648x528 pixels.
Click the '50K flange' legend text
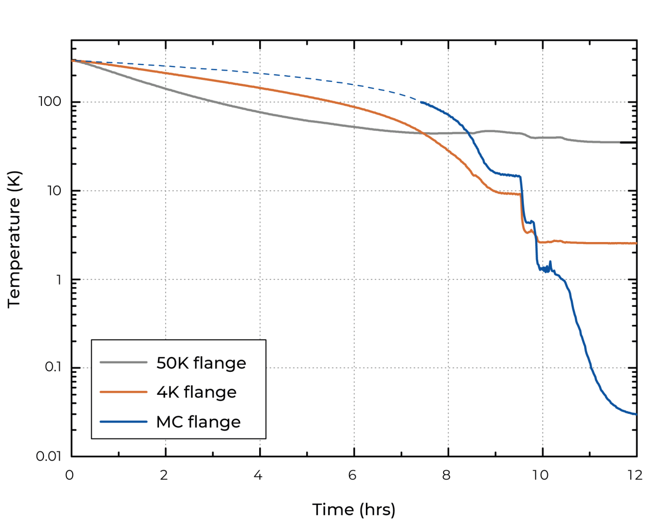click(x=201, y=363)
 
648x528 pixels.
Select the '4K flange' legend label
click(x=196, y=392)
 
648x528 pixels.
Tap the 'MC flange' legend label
click(x=198, y=422)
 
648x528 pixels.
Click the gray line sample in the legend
click(x=124, y=362)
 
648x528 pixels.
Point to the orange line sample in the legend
click(x=124, y=392)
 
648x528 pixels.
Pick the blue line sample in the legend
click(x=124, y=422)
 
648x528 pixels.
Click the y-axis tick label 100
click(x=50, y=101)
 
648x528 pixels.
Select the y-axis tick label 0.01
click(x=48, y=456)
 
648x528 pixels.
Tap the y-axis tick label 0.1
click(x=53, y=367)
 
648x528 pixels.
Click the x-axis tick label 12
click(x=635, y=475)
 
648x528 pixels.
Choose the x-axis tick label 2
click(x=164, y=475)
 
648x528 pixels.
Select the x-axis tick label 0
click(x=70, y=475)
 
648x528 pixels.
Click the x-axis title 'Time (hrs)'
click(x=353, y=510)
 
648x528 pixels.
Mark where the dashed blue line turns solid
click(x=422, y=102)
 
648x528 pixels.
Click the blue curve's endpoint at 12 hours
click(x=636, y=414)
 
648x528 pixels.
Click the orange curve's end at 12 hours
click(x=636, y=243)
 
